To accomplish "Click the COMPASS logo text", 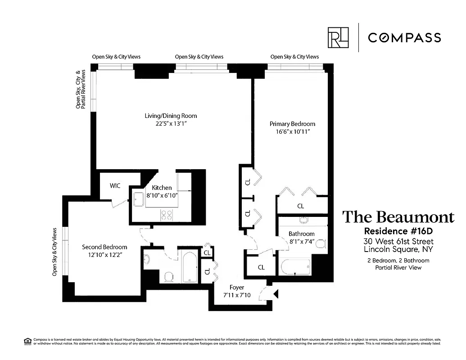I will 404,37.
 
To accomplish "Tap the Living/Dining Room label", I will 171,116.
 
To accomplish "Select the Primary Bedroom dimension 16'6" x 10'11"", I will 292,131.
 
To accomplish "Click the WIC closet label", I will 115,186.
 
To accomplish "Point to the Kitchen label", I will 162,188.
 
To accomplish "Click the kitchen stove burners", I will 167,215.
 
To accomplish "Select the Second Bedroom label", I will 104,247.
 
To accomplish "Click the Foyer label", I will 237,287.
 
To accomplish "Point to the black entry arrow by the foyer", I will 276,294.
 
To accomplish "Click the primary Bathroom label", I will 301,234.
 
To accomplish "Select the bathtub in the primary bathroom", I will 295,266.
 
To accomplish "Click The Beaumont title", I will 398,217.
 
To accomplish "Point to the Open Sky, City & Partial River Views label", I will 81,90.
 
